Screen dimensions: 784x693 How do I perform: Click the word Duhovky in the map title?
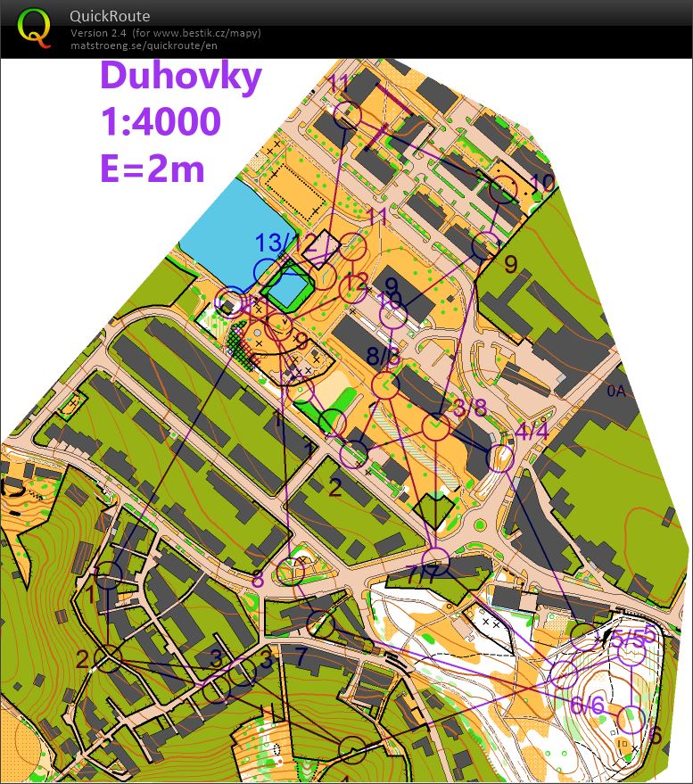coord(181,75)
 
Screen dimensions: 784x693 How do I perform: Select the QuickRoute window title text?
coord(109,16)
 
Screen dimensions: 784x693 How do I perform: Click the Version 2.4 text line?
coord(166,33)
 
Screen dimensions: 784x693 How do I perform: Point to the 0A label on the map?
coord(617,390)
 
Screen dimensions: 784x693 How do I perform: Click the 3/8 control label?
coord(470,409)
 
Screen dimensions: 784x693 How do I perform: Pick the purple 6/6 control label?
coord(587,706)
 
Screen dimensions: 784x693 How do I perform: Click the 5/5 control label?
coord(627,639)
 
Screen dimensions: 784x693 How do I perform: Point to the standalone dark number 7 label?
coord(301,656)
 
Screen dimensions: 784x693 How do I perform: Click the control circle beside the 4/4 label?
coord(500,458)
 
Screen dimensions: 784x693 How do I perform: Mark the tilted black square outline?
coord(320,248)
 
